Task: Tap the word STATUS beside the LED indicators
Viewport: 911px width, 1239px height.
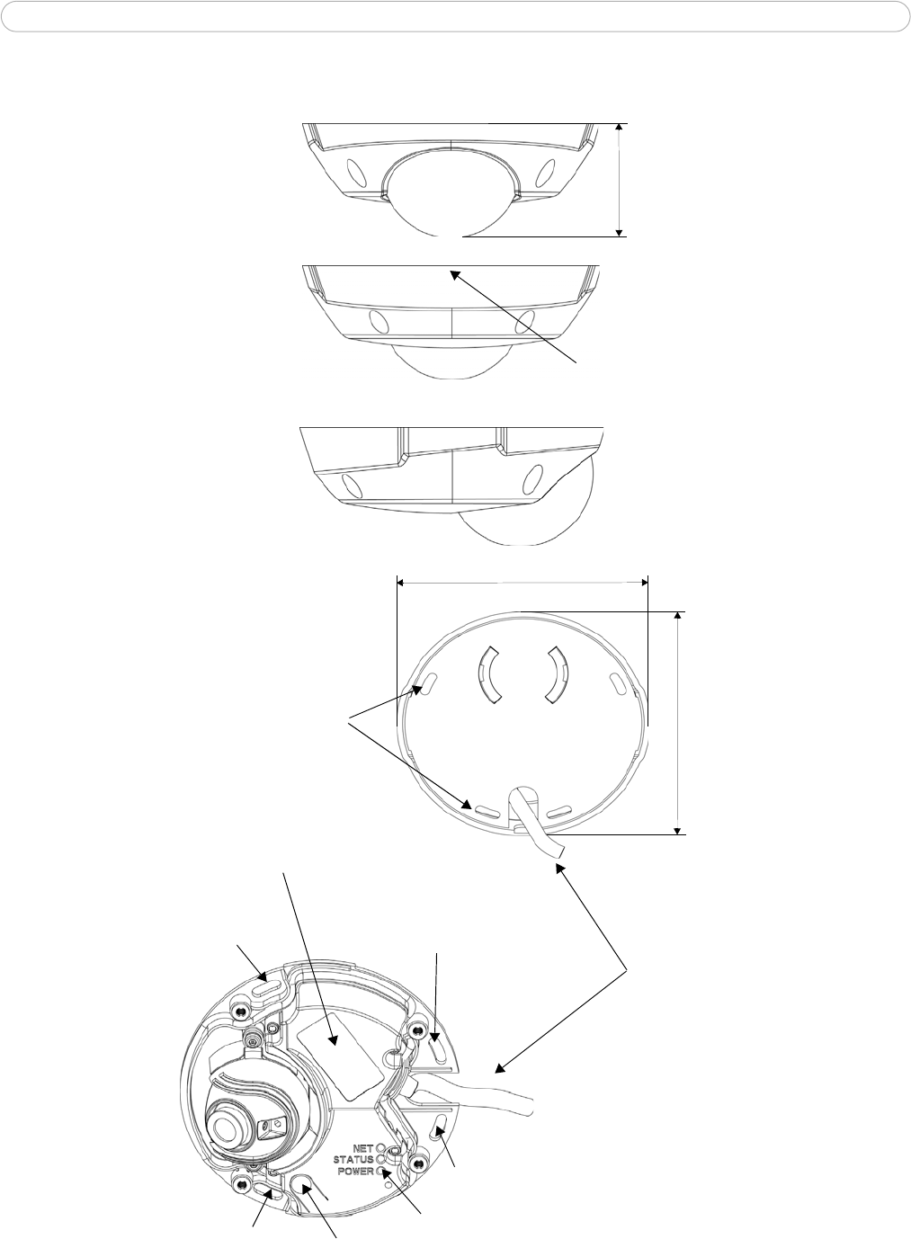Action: (353, 1171)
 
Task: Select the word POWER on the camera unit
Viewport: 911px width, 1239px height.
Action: (355, 1182)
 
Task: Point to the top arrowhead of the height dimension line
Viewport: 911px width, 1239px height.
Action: (620, 127)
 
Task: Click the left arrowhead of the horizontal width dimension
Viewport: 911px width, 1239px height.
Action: (402, 583)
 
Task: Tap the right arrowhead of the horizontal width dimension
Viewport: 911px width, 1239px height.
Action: (644, 583)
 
